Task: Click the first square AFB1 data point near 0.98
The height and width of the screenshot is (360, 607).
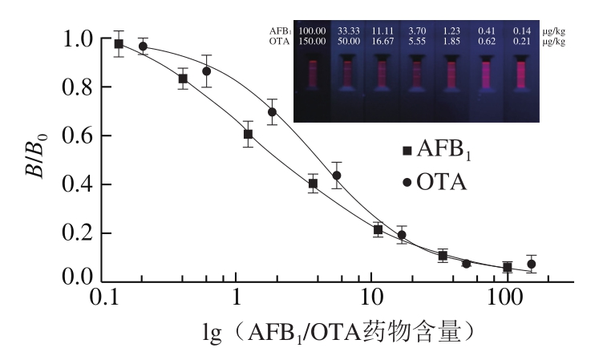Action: (x=119, y=44)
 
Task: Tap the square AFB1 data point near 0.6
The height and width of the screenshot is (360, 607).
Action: (x=249, y=134)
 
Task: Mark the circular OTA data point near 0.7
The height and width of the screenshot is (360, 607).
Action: (x=272, y=112)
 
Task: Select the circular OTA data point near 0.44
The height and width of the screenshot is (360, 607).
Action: (x=337, y=176)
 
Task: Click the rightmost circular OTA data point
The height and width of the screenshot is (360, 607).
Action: (x=531, y=264)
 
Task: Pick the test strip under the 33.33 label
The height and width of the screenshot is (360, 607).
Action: (x=348, y=80)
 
